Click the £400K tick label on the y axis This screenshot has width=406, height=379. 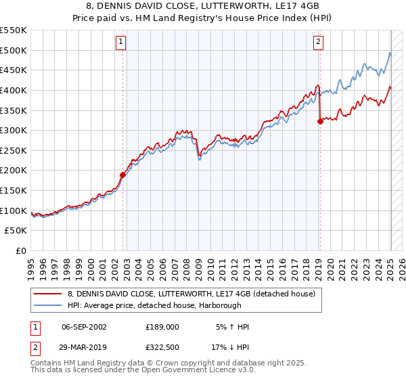(14, 90)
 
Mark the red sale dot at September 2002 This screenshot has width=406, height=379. (123, 175)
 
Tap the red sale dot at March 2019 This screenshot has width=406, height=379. (320, 122)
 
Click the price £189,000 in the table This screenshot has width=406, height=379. (162, 326)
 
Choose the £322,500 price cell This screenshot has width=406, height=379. (162, 347)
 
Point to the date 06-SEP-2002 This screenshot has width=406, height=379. (84, 326)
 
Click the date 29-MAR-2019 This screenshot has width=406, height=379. (84, 347)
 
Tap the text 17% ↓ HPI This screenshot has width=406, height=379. (230, 347)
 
